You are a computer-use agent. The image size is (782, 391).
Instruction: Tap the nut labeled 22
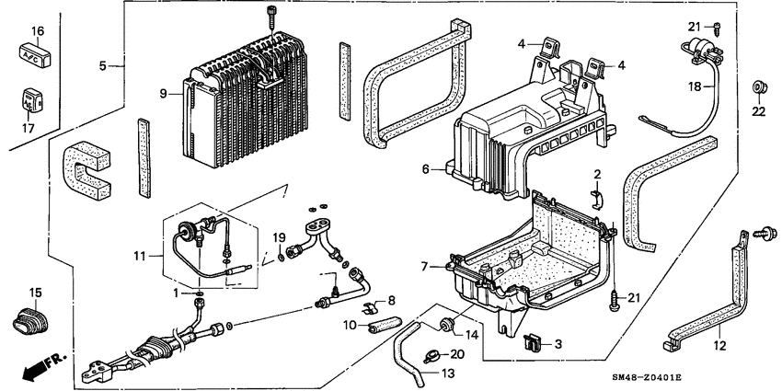click(x=759, y=87)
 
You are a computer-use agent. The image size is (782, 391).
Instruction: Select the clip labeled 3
click(x=532, y=343)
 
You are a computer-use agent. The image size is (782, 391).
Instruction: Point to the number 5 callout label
click(x=104, y=65)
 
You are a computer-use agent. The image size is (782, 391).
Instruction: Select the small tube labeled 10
click(x=385, y=324)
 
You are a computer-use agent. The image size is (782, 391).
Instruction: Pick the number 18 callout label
click(x=697, y=86)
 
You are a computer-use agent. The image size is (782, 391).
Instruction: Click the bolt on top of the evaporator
click(x=271, y=16)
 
